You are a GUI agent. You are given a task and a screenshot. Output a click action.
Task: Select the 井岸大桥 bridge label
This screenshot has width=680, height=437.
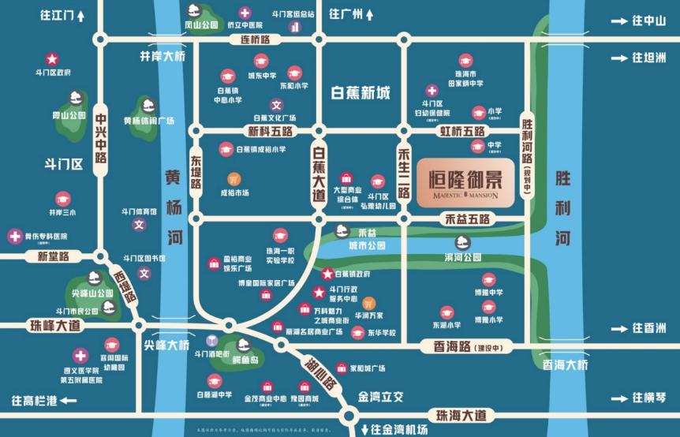pos(163,57)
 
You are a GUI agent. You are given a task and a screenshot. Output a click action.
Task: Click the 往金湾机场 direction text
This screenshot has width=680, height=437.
pos(394,430)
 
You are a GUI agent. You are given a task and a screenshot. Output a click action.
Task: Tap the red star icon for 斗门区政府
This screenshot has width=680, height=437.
pos(52,58)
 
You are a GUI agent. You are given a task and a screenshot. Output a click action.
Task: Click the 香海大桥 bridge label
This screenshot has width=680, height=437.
pos(565,364)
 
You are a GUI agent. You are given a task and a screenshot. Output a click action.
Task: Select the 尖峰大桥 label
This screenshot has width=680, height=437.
pos(166,345)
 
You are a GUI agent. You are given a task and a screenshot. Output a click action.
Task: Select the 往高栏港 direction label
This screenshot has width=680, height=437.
pos(35,401)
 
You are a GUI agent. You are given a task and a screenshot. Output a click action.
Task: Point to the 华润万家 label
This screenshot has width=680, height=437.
pos(368,314)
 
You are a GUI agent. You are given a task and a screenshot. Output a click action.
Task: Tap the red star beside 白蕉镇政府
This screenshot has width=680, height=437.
pos(327,273)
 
